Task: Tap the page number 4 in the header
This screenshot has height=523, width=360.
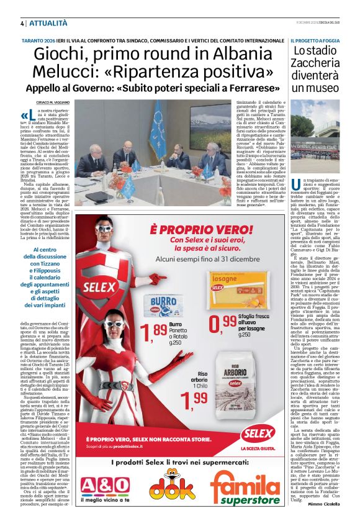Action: point(14,23)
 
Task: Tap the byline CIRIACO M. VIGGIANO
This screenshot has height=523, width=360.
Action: point(52,101)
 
